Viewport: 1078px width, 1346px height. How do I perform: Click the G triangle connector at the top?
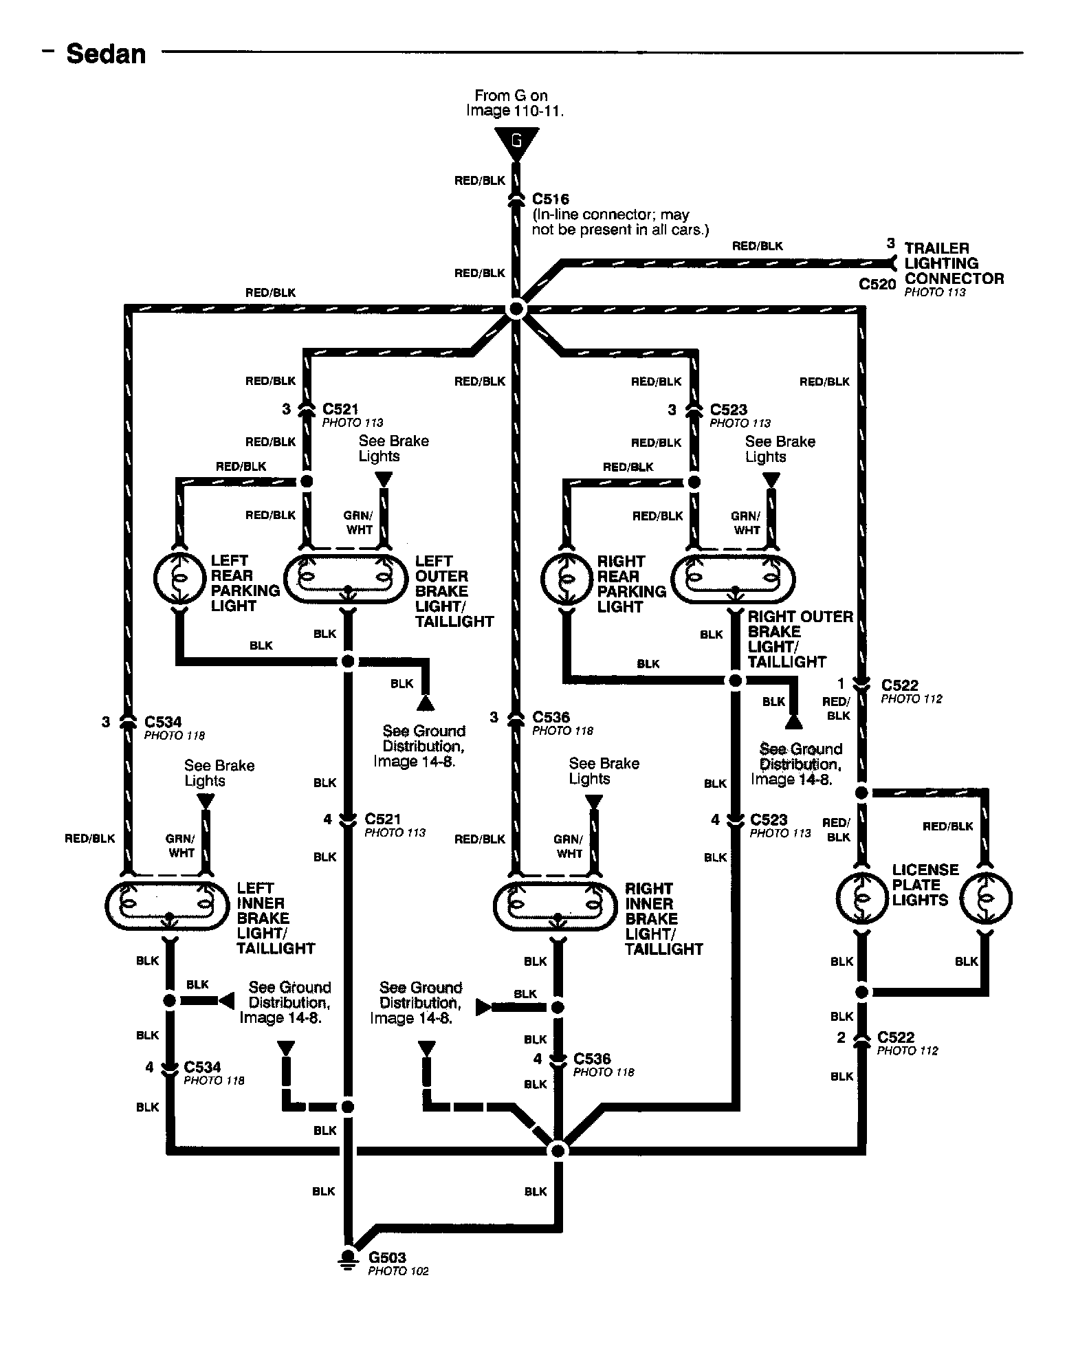(x=516, y=144)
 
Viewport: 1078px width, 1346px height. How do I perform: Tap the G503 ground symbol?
(x=348, y=1257)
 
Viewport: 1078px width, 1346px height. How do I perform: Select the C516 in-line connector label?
(x=551, y=199)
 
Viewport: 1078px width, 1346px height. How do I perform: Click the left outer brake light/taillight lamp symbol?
(x=347, y=579)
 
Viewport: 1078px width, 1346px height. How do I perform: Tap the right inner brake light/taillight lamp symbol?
(x=556, y=906)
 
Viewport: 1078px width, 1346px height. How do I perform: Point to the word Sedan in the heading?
(x=106, y=54)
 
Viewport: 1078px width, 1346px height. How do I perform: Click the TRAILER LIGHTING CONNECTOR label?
(x=954, y=263)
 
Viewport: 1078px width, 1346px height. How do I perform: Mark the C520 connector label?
(x=877, y=284)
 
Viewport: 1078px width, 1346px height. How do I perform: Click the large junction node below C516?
(x=516, y=310)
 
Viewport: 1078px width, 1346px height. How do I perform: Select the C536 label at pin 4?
(x=592, y=1059)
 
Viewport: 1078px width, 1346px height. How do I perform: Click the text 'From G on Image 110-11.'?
(x=514, y=103)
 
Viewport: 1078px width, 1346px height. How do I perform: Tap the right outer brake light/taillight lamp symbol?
(x=733, y=579)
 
